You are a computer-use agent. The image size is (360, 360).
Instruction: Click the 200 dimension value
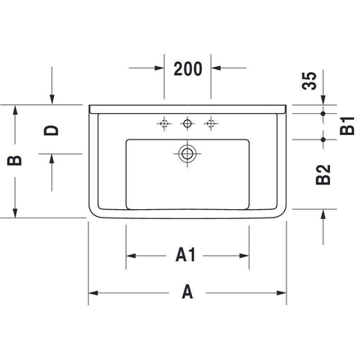[188, 68]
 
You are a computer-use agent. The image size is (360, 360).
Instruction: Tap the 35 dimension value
[309, 80]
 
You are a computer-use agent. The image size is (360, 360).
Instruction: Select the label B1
[347, 126]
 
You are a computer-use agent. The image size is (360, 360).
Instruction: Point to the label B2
[323, 175]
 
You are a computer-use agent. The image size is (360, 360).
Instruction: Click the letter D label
[51, 130]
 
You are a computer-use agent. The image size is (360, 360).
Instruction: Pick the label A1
[185, 254]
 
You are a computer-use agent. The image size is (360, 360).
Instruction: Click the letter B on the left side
[14, 160]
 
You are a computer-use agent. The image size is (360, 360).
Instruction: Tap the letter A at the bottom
[187, 292]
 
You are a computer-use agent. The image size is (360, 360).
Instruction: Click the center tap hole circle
[187, 123]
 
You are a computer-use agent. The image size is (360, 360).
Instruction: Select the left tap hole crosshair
[164, 123]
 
